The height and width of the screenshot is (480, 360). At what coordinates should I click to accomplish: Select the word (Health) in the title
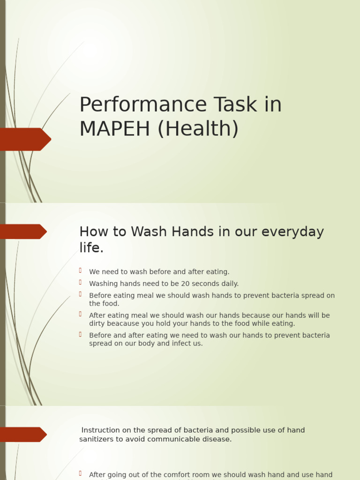pos(198,128)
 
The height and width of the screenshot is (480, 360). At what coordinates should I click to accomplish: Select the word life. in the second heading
pos(91,248)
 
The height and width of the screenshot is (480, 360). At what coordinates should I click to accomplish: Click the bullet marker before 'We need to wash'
pos(81,270)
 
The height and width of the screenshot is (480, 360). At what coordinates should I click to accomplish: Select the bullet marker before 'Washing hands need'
pos(81,282)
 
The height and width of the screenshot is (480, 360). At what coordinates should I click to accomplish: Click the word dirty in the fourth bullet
pos(97,323)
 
